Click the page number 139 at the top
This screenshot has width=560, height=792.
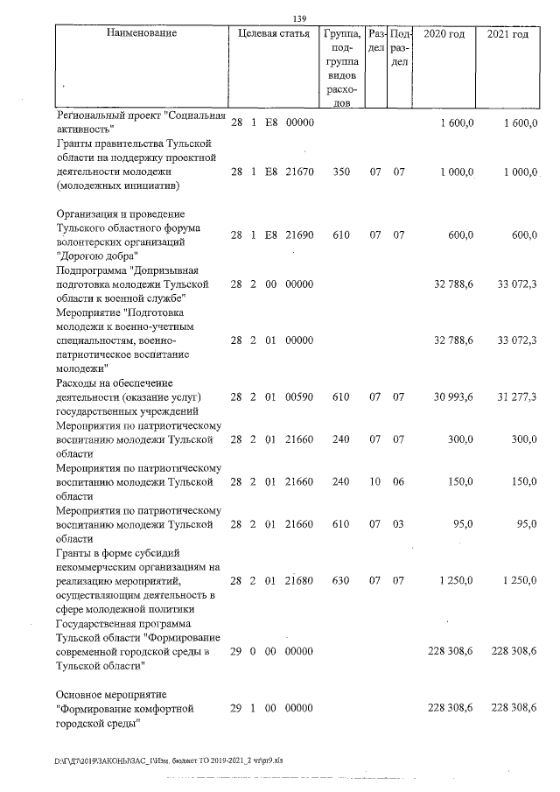tap(299, 18)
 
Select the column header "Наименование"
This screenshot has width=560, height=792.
tap(141, 34)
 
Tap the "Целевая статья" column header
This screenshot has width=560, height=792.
tap(273, 34)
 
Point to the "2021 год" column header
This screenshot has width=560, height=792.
tap(507, 34)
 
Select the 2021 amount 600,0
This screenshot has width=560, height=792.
tap(521, 235)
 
